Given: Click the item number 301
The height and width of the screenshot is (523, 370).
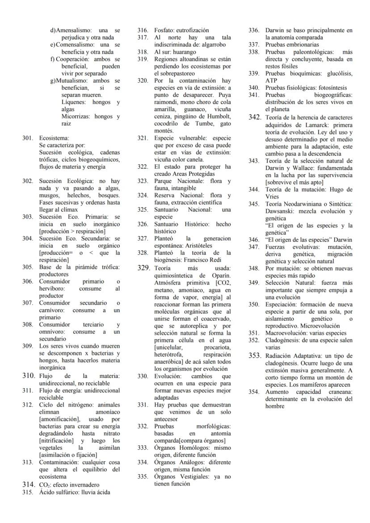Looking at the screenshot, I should click(28, 138).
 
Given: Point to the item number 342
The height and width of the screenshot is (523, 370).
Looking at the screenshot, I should click(255, 117).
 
